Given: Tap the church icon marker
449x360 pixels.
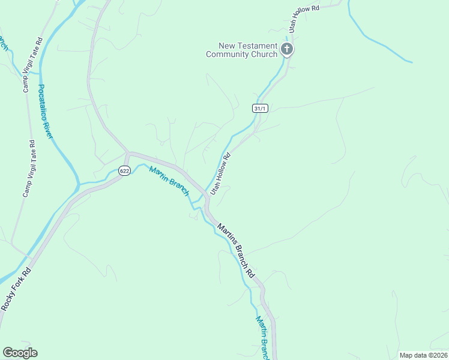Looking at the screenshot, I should tap(287, 49).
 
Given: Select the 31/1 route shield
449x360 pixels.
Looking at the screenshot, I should tap(259, 109).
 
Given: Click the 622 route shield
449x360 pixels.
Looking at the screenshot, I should tap(124, 171).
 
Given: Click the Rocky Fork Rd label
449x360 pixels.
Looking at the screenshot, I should tap(16, 289).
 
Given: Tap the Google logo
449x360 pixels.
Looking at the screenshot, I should tap(20, 353).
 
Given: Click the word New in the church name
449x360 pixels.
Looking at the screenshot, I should tap(228, 46).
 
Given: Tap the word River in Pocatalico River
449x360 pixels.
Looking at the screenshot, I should tap(50, 129).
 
